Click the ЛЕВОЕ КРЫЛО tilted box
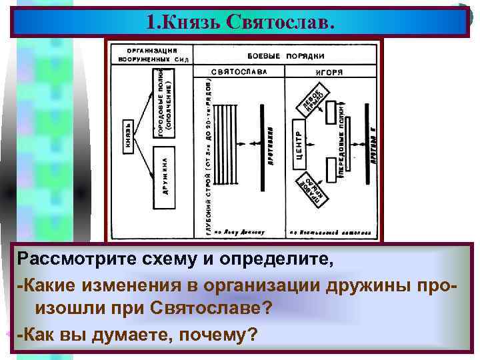click(x=312, y=97)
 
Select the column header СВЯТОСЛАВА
click(x=239, y=70)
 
